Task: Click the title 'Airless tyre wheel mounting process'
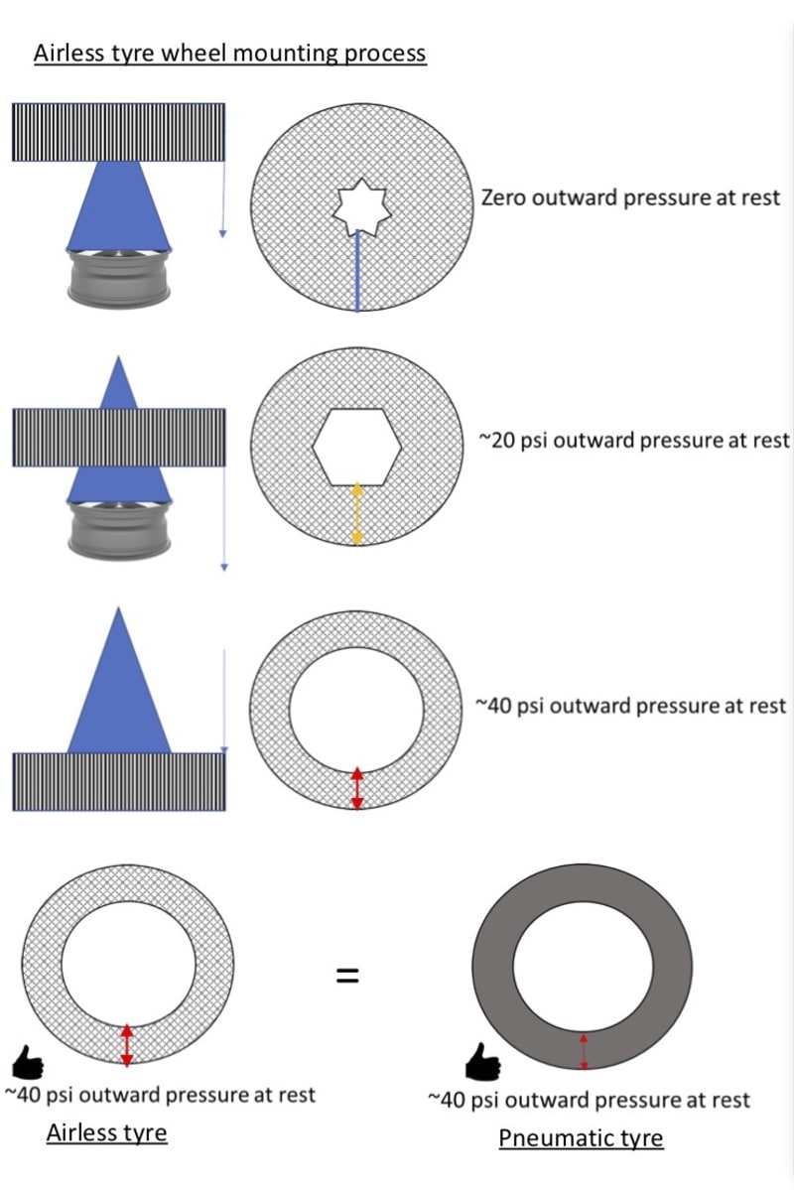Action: coord(230,53)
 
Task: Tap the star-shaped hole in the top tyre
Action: coord(358,205)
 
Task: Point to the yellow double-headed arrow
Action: coord(358,514)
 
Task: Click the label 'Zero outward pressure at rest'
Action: coord(630,198)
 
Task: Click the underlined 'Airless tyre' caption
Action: coord(106,1131)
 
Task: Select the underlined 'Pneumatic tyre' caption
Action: coord(581,1137)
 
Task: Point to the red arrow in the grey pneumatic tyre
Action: coord(584,1051)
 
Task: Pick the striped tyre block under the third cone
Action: coord(119,782)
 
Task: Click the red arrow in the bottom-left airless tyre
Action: coord(127,1045)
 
